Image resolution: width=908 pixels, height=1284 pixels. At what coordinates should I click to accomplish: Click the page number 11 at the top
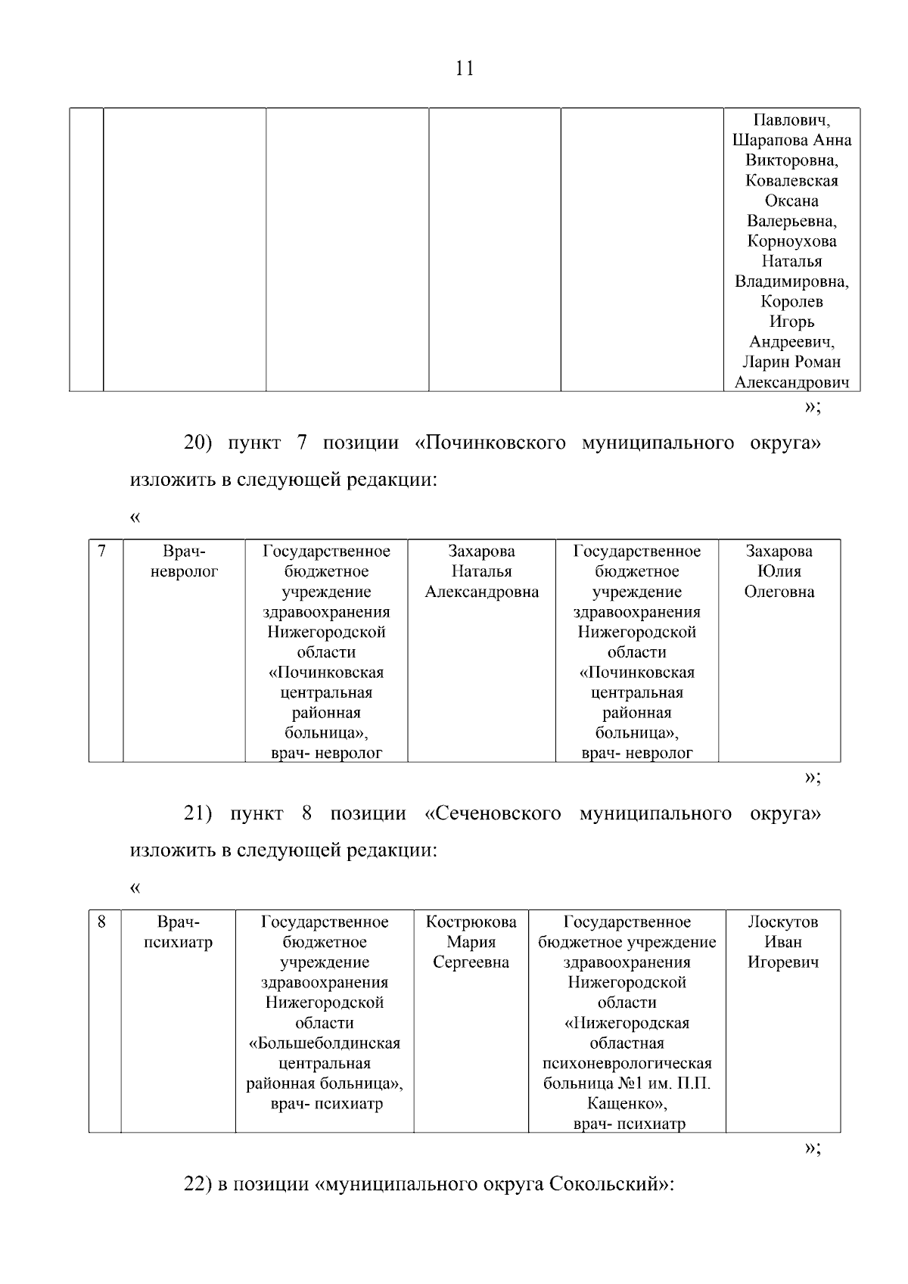(465, 69)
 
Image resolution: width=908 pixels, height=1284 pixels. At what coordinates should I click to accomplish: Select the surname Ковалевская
(791, 181)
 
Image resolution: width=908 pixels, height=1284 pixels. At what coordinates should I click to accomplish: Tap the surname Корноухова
(791, 241)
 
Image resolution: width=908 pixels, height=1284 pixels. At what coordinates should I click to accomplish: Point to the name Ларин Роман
(791, 362)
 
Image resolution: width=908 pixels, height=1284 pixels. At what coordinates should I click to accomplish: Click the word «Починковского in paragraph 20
(490, 443)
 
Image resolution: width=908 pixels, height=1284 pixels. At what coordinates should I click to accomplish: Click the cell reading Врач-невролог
(184, 561)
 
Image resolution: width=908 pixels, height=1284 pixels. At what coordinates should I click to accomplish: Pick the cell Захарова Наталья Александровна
(481, 572)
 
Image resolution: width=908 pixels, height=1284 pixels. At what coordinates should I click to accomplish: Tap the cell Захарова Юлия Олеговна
(779, 572)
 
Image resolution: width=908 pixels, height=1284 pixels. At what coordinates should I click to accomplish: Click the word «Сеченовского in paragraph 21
(493, 814)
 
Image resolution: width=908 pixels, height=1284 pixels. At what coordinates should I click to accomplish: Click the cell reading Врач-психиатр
(178, 932)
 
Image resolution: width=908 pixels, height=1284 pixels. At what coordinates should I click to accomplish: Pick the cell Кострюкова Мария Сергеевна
(471, 943)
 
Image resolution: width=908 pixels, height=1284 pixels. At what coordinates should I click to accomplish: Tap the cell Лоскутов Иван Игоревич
(782, 943)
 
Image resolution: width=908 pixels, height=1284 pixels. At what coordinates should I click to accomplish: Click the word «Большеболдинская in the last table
(325, 1043)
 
